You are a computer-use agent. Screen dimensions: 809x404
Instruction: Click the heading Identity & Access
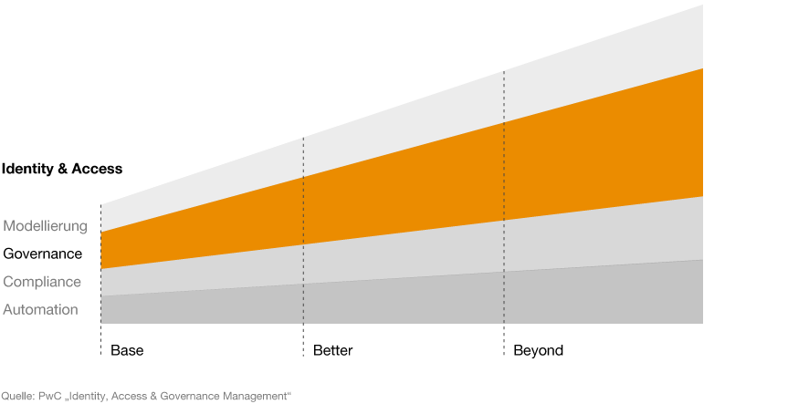[62, 169]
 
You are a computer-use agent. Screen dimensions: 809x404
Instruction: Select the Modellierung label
[46, 226]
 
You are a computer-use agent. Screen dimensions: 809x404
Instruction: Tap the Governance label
[42, 254]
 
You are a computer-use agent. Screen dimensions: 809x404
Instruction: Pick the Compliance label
[42, 282]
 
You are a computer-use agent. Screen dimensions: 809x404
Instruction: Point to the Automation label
[41, 310]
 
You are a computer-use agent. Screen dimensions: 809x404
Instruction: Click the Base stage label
[127, 351]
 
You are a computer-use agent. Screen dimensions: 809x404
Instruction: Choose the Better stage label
[332, 351]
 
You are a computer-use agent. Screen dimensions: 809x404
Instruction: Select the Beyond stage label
[538, 351]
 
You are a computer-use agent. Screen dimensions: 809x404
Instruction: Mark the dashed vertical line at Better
[303, 247]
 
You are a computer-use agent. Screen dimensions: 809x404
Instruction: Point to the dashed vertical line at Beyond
[504, 213]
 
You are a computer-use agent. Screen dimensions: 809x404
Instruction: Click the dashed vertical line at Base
[101, 280]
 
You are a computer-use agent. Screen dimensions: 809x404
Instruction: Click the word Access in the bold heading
[97, 169]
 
